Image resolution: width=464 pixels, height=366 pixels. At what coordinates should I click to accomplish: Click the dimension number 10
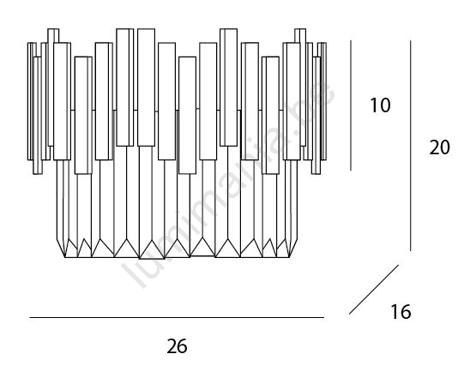pos(380,105)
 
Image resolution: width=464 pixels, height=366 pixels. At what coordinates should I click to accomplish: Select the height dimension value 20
pos(439,147)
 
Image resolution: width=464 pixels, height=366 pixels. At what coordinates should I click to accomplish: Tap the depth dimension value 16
pos(401,312)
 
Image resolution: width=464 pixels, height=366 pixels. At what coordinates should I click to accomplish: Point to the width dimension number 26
pos(177,346)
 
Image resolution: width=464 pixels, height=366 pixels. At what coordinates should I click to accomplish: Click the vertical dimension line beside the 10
pos(351,105)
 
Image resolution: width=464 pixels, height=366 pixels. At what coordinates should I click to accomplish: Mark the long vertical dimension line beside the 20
pos(411,146)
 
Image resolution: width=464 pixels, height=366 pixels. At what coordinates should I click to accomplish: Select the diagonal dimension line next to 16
pos(374,290)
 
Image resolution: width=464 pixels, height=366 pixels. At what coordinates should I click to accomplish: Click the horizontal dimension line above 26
pos(177,317)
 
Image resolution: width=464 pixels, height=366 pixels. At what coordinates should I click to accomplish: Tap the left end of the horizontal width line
pos(30,317)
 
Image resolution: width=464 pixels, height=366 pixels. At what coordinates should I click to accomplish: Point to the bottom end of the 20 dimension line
pos(411,251)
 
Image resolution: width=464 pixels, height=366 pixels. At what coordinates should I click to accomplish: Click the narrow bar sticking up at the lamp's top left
pos(53,35)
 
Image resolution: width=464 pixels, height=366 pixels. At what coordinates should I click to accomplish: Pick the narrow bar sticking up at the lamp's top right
pos(300,35)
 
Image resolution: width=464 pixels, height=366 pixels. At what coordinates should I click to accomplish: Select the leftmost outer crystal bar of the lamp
pos(29,101)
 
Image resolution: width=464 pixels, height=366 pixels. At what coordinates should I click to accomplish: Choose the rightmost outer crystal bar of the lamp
pos(323,101)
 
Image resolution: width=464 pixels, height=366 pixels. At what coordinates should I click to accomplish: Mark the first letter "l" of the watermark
pos(133,274)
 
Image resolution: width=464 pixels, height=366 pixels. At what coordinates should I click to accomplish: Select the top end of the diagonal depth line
pos(399,265)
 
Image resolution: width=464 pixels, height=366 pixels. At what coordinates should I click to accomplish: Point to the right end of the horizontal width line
pos(324,317)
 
